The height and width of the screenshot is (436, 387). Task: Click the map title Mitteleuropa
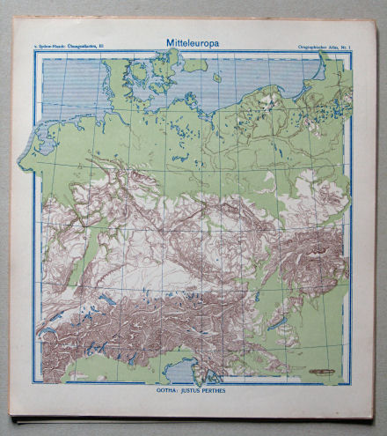(x=191, y=41)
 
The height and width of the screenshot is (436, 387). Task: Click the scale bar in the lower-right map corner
(x=321, y=372)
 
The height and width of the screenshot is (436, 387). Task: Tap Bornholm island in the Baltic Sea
(x=216, y=78)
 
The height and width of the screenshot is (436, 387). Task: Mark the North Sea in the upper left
(x=70, y=88)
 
